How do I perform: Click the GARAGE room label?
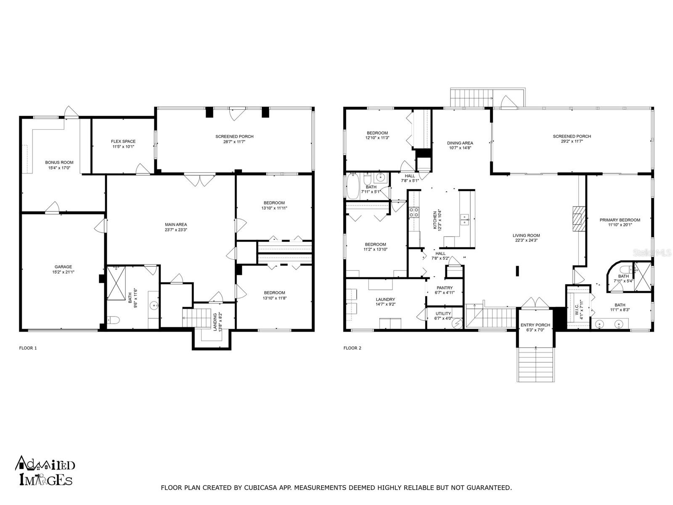pos(63,266)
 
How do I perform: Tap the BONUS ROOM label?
pos(59,162)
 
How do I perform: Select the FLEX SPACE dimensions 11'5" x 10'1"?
pos(123,147)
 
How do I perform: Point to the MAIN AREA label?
pos(176,224)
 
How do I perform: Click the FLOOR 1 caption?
pos(28,348)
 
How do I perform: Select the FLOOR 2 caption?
pos(352,348)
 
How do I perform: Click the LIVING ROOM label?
pos(526,235)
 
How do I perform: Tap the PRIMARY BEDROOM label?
pos(620,220)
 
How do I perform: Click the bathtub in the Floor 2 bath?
pos(352,186)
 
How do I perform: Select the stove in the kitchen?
pos(414,212)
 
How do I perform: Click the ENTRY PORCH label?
pos(535,325)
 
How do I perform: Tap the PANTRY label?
pos(445,288)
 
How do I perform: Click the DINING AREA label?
pos(460,143)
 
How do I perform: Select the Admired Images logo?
pos(45,470)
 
